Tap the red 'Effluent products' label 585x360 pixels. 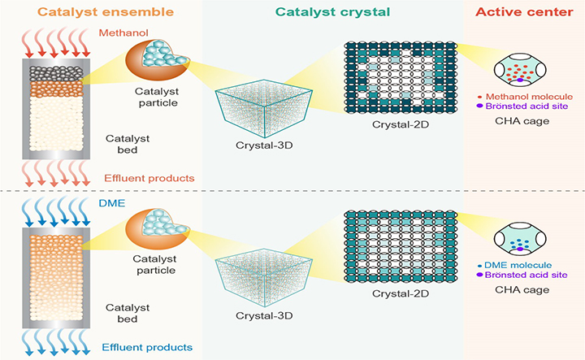(x=142, y=178)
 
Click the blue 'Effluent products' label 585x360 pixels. (x=142, y=347)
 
